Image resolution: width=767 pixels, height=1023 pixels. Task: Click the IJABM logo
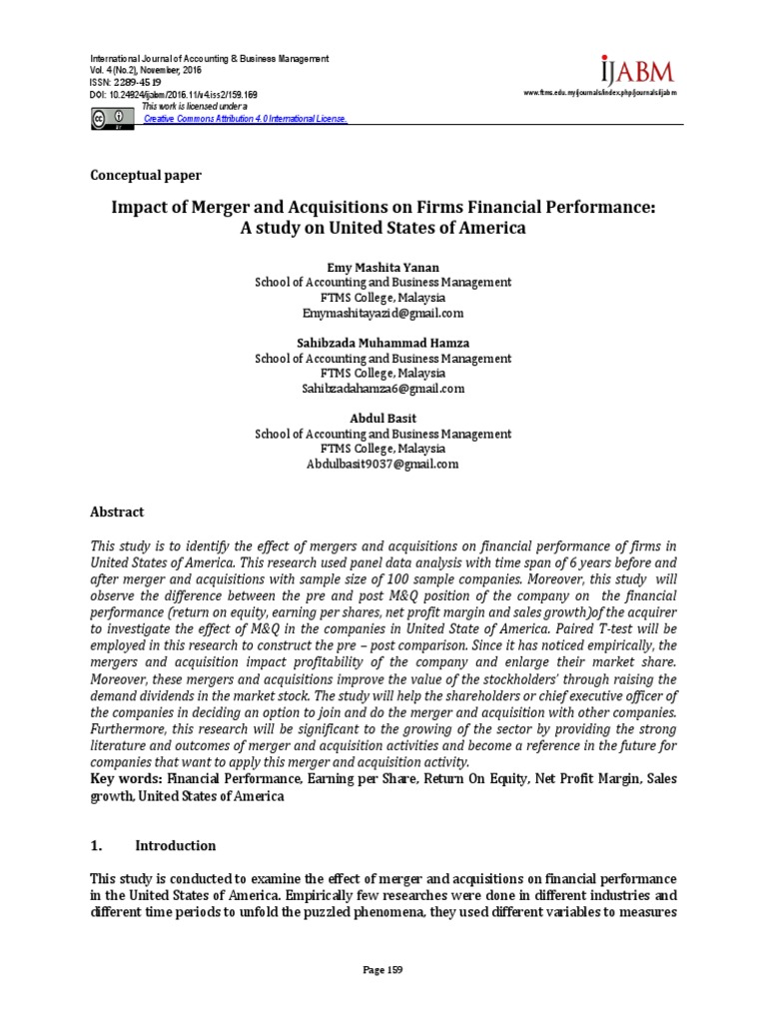637,71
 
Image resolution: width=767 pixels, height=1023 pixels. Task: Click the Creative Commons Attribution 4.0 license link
246,118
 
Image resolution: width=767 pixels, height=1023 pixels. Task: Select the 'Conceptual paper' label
146,175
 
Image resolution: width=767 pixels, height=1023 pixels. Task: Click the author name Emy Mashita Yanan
383,267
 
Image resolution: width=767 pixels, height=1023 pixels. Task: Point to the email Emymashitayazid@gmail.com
383,313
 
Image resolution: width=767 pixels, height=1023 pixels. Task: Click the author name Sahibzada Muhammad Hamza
383,343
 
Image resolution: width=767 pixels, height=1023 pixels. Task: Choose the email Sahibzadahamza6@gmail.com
383,389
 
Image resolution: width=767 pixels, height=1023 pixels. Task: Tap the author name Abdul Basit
383,419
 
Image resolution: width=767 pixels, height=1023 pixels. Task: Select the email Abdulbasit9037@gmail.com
383,465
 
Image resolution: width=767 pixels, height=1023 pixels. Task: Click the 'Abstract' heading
118,511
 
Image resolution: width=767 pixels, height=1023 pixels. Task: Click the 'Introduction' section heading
176,845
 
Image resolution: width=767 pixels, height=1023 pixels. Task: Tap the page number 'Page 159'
383,970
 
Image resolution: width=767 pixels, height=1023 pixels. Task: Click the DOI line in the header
175,93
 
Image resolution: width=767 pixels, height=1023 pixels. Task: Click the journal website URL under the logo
600,93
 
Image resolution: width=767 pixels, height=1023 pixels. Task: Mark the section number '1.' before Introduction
98,845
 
